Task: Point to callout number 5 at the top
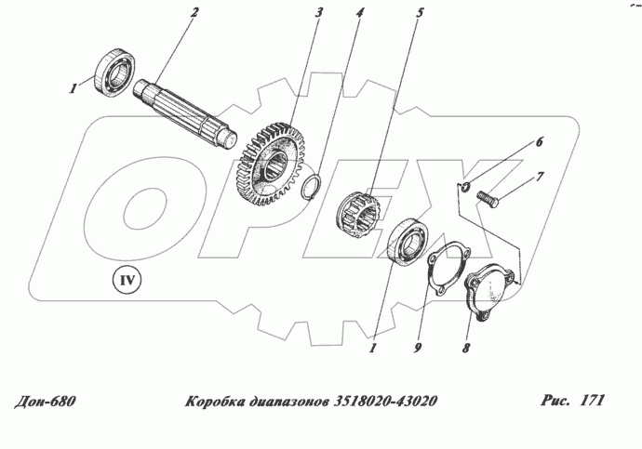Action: click(394, 14)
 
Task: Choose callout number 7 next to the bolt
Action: click(541, 176)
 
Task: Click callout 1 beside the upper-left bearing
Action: click(71, 88)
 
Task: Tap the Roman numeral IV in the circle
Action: click(125, 278)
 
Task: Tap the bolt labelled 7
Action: click(488, 198)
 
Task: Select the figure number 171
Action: click(591, 402)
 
